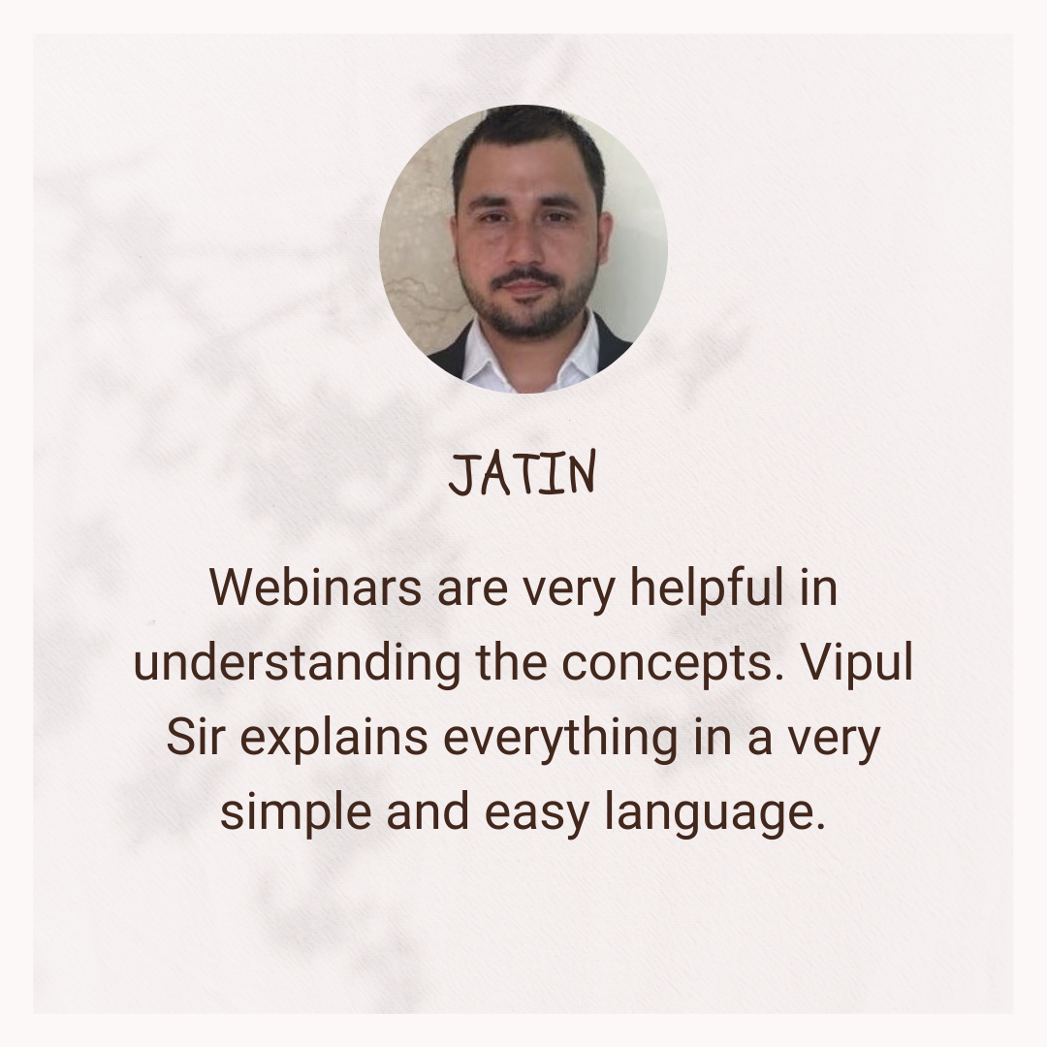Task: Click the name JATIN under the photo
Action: click(x=523, y=473)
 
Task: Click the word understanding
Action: click(x=297, y=662)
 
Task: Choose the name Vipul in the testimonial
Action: click(x=857, y=662)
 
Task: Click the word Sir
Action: click(x=193, y=737)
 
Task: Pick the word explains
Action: click(x=333, y=738)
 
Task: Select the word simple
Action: click(x=296, y=812)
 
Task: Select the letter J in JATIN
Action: click(x=461, y=475)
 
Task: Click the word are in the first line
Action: click(x=472, y=591)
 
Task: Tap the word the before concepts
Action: click(x=511, y=662)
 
